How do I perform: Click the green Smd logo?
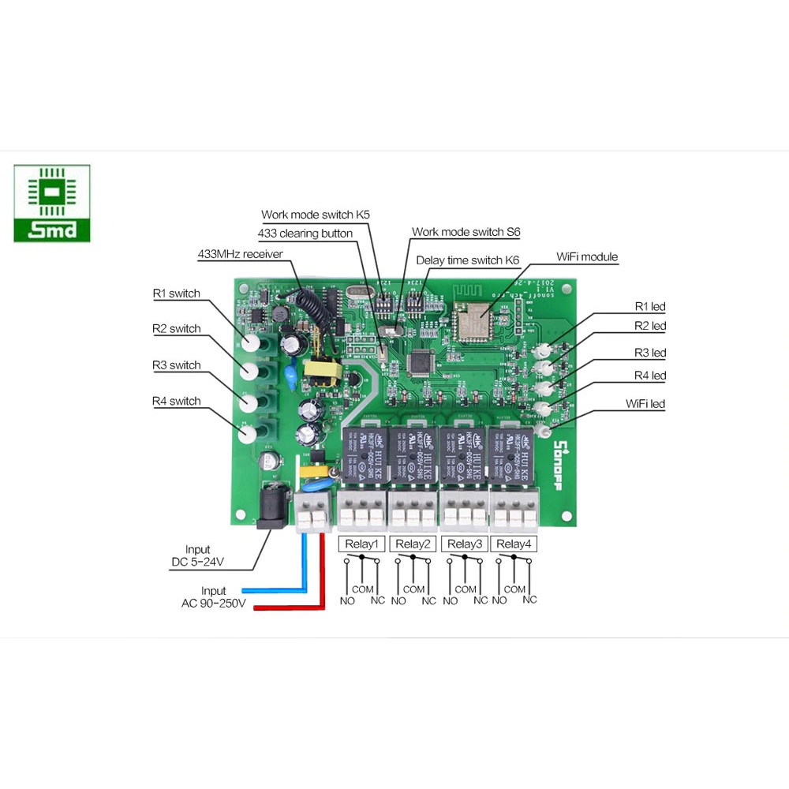pyautogui.click(x=52, y=204)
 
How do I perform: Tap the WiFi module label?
pyautogui.click(x=587, y=256)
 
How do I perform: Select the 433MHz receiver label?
pyautogui.click(x=240, y=254)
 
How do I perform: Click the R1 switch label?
pyautogui.click(x=177, y=294)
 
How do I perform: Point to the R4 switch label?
pyautogui.click(x=177, y=401)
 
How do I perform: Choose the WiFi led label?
pyautogui.click(x=645, y=404)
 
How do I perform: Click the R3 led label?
pyautogui.click(x=650, y=353)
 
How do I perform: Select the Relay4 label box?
pyautogui.click(x=514, y=544)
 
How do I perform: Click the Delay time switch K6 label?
pyautogui.click(x=467, y=260)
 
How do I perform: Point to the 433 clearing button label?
pyautogui.click(x=305, y=234)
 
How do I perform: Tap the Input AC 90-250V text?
pyautogui.click(x=214, y=597)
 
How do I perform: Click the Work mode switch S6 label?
pyautogui.click(x=466, y=232)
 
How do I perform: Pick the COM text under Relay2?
pyautogui.click(x=413, y=589)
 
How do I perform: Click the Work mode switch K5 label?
pyautogui.click(x=316, y=214)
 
